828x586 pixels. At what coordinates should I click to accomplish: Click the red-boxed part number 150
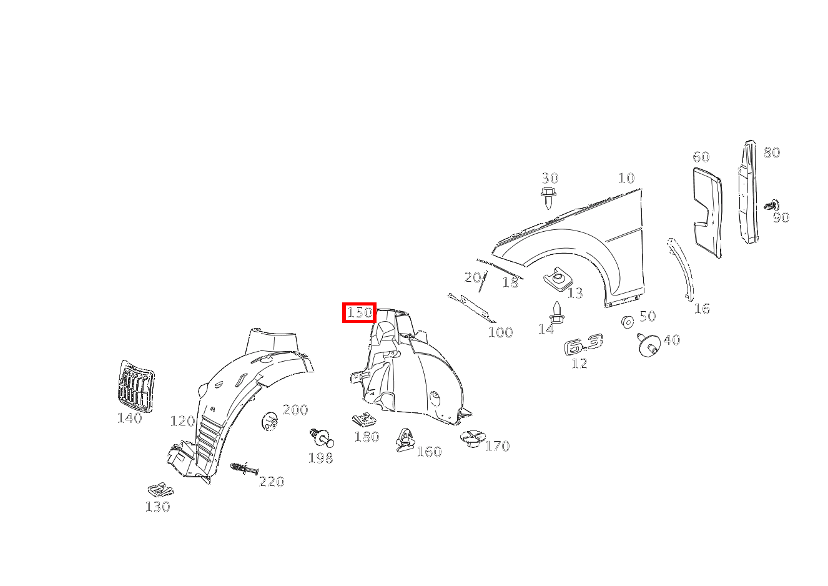(359, 313)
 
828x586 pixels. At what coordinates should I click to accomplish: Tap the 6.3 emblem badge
(583, 345)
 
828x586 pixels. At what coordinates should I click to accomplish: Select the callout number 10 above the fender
(626, 178)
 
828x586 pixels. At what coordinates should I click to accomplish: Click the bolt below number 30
(548, 198)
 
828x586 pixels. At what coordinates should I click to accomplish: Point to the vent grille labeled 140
(136, 386)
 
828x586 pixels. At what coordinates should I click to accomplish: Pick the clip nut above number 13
(558, 279)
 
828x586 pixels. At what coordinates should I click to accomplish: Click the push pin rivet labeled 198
(322, 439)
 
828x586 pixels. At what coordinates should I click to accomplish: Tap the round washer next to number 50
(628, 322)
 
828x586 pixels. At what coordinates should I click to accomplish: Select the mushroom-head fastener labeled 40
(648, 345)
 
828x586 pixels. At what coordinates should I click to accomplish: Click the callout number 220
(272, 482)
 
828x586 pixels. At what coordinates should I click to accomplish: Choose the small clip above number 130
(160, 490)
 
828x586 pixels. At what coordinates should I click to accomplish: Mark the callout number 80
(772, 152)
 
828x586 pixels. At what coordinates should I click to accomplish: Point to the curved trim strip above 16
(681, 269)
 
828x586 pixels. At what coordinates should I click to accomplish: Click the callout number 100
(501, 332)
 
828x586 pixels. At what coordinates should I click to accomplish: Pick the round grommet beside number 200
(270, 421)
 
